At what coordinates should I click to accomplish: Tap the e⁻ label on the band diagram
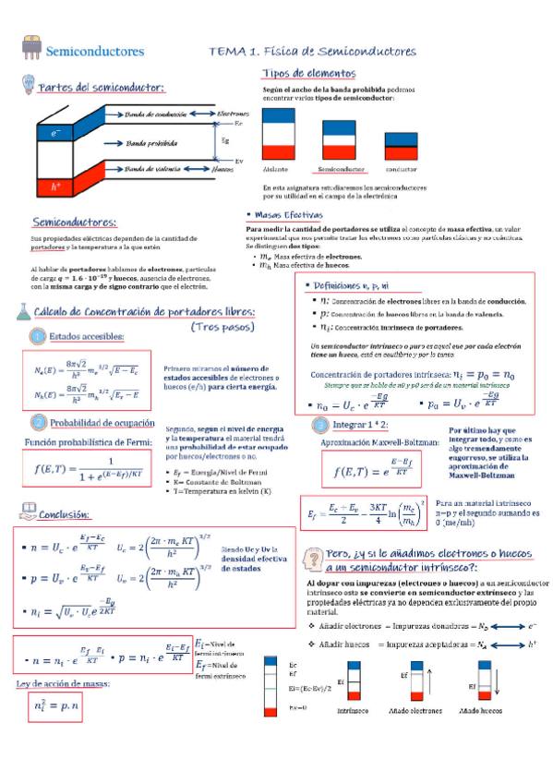click(x=56, y=133)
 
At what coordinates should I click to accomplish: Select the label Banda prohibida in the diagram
click(x=152, y=143)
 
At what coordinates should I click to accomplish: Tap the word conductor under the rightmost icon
click(x=402, y=170)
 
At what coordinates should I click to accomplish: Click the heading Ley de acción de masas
click(x=64, y=684)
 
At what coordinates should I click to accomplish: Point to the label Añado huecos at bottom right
click(x=480, y=712)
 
